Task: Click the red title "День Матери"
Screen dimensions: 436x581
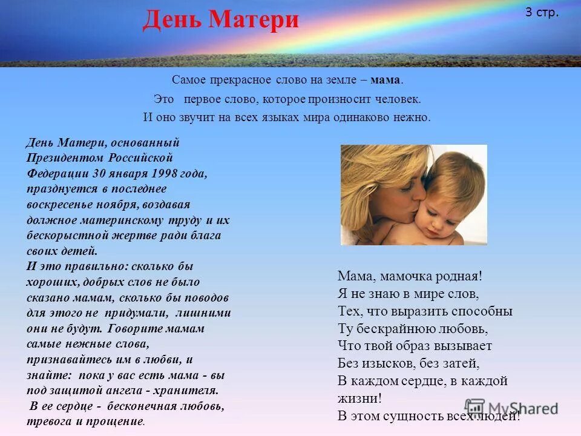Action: [221, 20]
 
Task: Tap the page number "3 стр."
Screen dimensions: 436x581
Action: [542, 13]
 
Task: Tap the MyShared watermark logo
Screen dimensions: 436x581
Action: [512, 408]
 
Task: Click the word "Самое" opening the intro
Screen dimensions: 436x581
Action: [187, 80]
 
